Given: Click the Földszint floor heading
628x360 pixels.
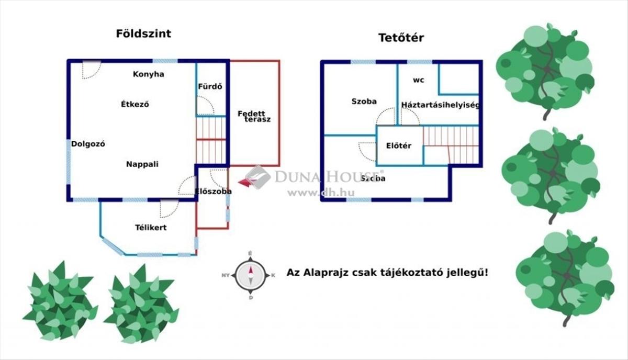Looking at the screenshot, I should point(143,34).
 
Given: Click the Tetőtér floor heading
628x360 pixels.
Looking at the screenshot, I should point(401,38).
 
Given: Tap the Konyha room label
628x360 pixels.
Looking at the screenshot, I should point(148,74).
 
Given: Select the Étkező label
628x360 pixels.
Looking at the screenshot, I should point(135,104).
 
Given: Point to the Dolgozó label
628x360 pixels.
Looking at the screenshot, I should point(88,144).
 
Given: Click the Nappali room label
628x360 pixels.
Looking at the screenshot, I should point(142,164).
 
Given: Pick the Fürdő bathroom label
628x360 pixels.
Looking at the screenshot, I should point(210,86).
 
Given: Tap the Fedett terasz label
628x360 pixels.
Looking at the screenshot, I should point(254,116).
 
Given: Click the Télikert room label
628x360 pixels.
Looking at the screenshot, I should point(151,228).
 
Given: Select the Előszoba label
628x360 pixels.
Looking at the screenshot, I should point(213,192).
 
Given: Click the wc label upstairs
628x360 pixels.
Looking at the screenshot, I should point(418,81).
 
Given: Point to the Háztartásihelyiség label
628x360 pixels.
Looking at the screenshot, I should point(441,105).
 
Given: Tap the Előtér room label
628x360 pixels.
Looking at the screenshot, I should point(398,146).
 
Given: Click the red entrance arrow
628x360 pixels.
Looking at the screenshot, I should point(243,182).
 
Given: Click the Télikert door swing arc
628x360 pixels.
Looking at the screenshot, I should point(169,208).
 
